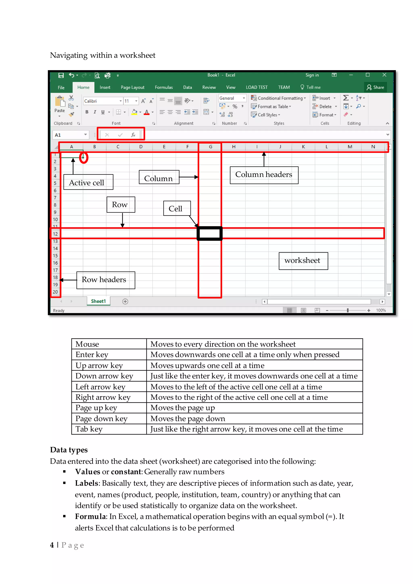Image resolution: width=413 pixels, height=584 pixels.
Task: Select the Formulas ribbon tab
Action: [164, 87]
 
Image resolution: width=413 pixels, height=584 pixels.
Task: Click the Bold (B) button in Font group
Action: [87, 112]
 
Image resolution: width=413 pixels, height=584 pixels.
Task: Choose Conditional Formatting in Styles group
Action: [279, 98]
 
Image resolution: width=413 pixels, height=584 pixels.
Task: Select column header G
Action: [210, 147]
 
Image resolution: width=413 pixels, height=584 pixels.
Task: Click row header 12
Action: [55, 234]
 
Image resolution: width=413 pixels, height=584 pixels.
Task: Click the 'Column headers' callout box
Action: [264, 175]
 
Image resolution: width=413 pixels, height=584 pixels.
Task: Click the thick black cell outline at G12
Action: [210, 233]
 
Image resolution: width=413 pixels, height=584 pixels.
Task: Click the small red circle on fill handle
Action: [83, 158]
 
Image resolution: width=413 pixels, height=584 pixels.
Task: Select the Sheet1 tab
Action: [98, 301]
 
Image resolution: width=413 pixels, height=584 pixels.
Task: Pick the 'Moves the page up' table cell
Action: [183, 408]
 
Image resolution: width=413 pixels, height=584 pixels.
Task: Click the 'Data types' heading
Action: [69, 450]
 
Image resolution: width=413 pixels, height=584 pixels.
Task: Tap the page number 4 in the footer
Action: [52, 545]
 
